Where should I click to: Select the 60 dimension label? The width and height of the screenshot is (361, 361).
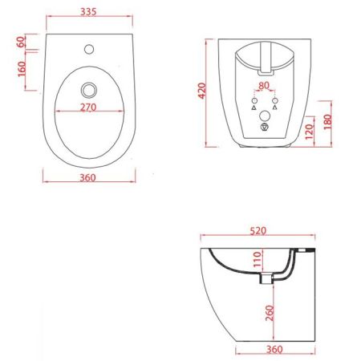(22, 42)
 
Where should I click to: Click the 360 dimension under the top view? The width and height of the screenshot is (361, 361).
(90, 177)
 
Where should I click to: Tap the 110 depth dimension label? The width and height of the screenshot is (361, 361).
(258, 259)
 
